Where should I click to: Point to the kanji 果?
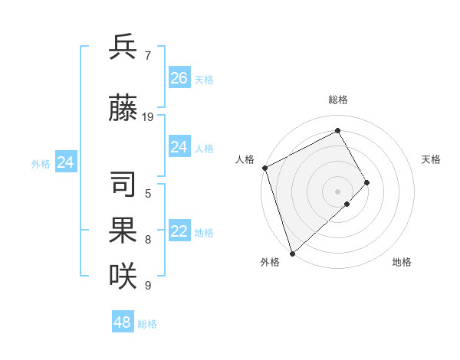pyautogui.click(x=123, y=231)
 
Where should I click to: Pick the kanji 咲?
pyautogui.click(x=123, y=275)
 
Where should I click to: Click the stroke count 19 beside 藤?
pyautogui.click(x=149, y=117)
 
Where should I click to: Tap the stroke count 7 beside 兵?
pyautogui.click(x=147, y=55)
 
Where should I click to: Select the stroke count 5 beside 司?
pyautogui.click(x=148, y=195)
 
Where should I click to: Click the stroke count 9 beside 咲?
pyautogui.click(x=148, y=285)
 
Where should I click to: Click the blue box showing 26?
pyautogui.click(x=179, y=78)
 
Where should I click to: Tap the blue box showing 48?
pyautogui.click(x=123, y=322)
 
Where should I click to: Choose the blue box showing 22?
pyautogui.click(x=179, y=232)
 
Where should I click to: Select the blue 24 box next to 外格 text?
pyautogui.click(x=66, y=162)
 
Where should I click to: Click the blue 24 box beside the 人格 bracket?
pyautogui.click(x=179, y=147)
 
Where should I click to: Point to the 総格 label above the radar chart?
pyautogui.click(x=338, y=100)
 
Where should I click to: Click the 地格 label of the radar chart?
pyautogui.click(x=402, y=262)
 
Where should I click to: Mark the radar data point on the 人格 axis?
pyautogui.click(x=264, y=168)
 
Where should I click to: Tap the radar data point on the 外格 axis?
pyautogui.click(x=292, y=253)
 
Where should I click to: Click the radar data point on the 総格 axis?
pyautogui.click(x=338, y=130)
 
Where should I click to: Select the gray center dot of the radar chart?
pyautogui.click(x=337, y=191)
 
